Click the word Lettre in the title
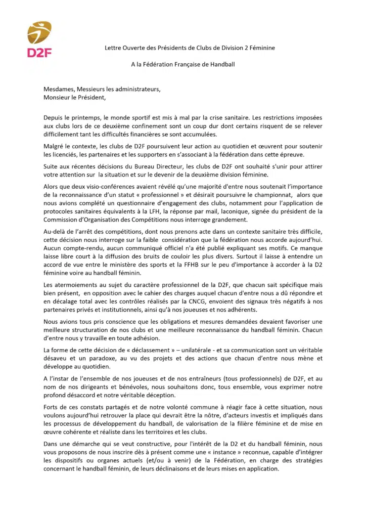114,48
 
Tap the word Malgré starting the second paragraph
54,146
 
